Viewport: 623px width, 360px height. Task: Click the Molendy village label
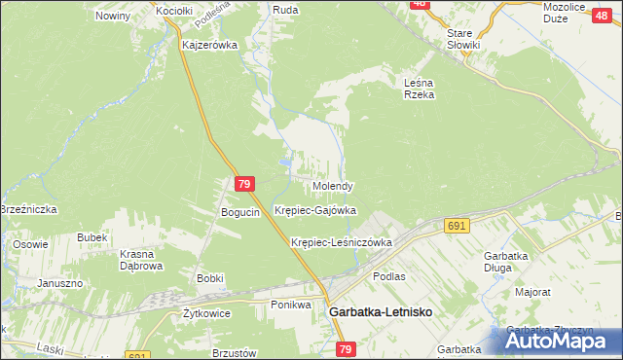[x=333, y=186]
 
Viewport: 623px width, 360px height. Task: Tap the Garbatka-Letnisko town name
[x=381, y=311]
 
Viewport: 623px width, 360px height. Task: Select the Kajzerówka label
[x=210, y=45]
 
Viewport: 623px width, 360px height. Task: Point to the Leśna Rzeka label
[x=419, y=89]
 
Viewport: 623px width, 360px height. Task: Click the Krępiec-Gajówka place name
[x=315, y=210]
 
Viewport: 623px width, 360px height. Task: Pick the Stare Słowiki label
[x=464, y=39]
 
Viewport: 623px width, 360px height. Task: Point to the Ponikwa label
[x=290, y=305]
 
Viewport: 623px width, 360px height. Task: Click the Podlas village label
[x=388, y=276]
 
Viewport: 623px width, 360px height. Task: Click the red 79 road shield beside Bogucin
[x=245, y=183]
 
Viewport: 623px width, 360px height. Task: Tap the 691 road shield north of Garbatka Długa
[x=458, y=225]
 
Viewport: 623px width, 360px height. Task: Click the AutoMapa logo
[x=563, y=340]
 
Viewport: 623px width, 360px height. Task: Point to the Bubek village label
[x=92, y=237]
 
